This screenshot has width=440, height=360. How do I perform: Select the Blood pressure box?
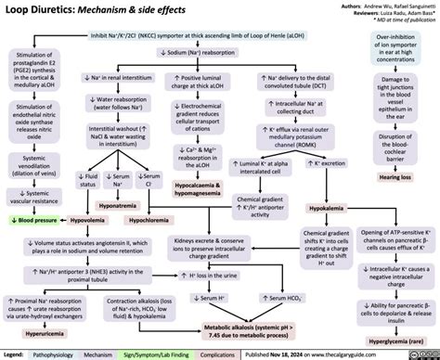coord(36,222)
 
